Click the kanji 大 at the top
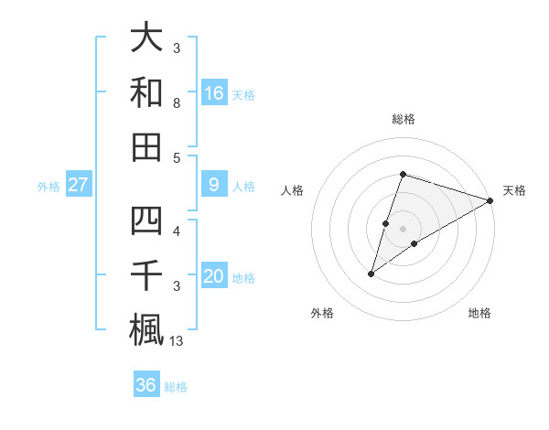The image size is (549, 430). pos(146,38)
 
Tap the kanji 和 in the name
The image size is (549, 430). pos(146,92)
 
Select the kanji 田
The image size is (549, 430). pos(146,146)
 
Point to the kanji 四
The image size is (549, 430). pos(146,221)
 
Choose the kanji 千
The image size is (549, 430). pos(146,275)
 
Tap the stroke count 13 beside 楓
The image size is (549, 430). pos(178,341)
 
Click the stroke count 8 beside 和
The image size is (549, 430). pos(177,104)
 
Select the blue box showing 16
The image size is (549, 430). pos(213,92)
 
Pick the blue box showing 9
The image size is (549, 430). pos(213,185)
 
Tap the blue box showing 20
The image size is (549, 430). pos(213,276)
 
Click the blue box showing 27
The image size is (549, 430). pos(79,185)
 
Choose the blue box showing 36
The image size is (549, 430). pos(145,385)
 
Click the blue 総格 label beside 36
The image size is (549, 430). pos(176,387)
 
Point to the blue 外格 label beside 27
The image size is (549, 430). pos(48,187)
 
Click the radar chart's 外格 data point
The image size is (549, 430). pos(371,274)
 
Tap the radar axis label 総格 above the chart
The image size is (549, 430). pos(403,119)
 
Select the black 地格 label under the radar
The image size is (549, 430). pos(479,313)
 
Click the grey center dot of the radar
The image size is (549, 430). pos(403,228)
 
